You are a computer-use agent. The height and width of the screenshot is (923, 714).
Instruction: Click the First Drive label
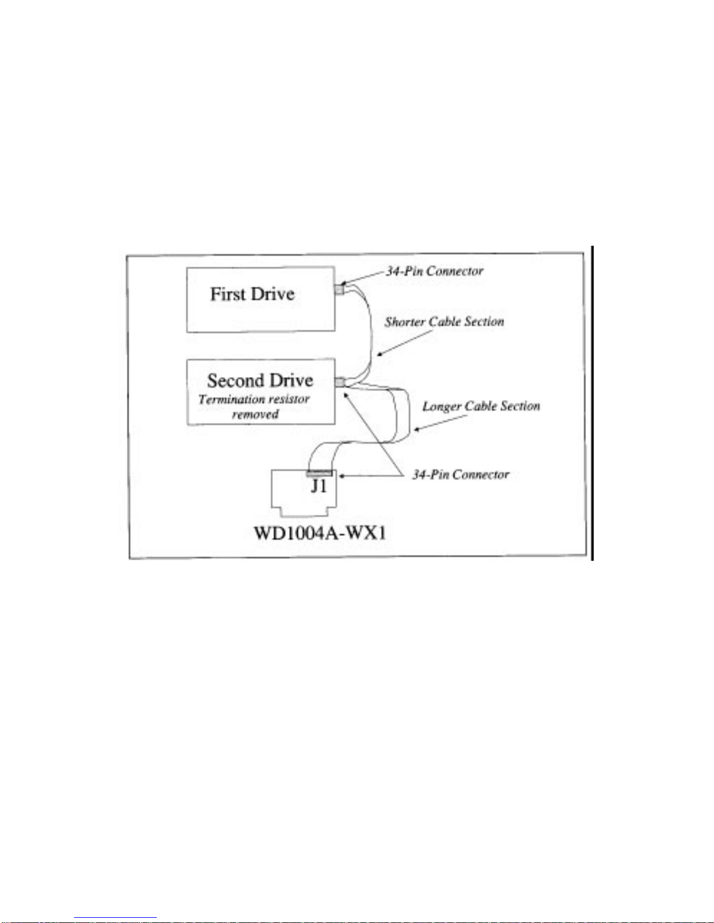(x=252, y=294)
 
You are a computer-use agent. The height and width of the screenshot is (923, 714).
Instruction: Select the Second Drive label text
(x=260, y=381)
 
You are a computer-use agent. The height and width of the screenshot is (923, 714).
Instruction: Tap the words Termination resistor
(x=254, y=399)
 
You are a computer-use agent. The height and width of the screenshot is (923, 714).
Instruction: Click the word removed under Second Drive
(x=255, y=415)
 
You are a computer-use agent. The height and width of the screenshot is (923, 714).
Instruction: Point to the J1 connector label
(x=319, y=486)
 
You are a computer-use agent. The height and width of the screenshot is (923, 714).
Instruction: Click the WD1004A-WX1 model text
(x=320, y=533)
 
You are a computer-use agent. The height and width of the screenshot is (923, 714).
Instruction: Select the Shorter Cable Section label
(x=444, y=322)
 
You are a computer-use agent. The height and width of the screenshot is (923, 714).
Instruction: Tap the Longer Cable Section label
(x=481, y=406)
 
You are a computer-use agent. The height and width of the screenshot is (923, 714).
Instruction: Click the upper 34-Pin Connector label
(x=435, y=271)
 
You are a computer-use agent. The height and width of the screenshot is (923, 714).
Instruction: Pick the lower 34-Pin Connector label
(x=460, y=475)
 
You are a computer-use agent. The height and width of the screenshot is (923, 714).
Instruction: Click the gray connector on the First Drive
(x=339, y=289)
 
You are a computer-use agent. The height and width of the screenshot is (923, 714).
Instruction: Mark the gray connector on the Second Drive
(x=340, y=383)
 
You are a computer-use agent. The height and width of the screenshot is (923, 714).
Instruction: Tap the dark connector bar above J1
(x=319, y=473)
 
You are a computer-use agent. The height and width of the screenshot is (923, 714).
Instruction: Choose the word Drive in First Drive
(x=273, y=294)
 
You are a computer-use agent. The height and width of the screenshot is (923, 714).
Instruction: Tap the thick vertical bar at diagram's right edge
(x=592, y=402)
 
